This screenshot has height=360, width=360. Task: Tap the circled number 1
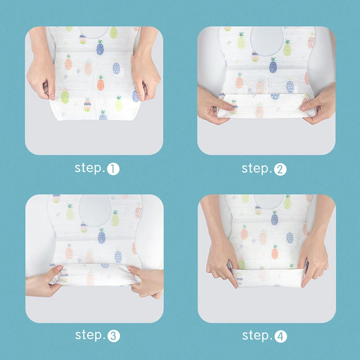pos(113,169)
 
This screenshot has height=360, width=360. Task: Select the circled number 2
pos(280,170)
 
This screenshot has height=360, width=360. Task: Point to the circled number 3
pos(114,336)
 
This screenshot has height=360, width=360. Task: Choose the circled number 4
pos(281,337)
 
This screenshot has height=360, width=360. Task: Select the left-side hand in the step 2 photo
pos(213,106)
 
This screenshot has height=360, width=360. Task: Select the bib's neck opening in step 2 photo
pos(266,41)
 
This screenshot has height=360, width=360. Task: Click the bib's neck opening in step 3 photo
pos(95,210)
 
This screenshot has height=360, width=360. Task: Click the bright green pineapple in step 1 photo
pos(65,96)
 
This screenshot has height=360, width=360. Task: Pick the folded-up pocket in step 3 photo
pos(94,275)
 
